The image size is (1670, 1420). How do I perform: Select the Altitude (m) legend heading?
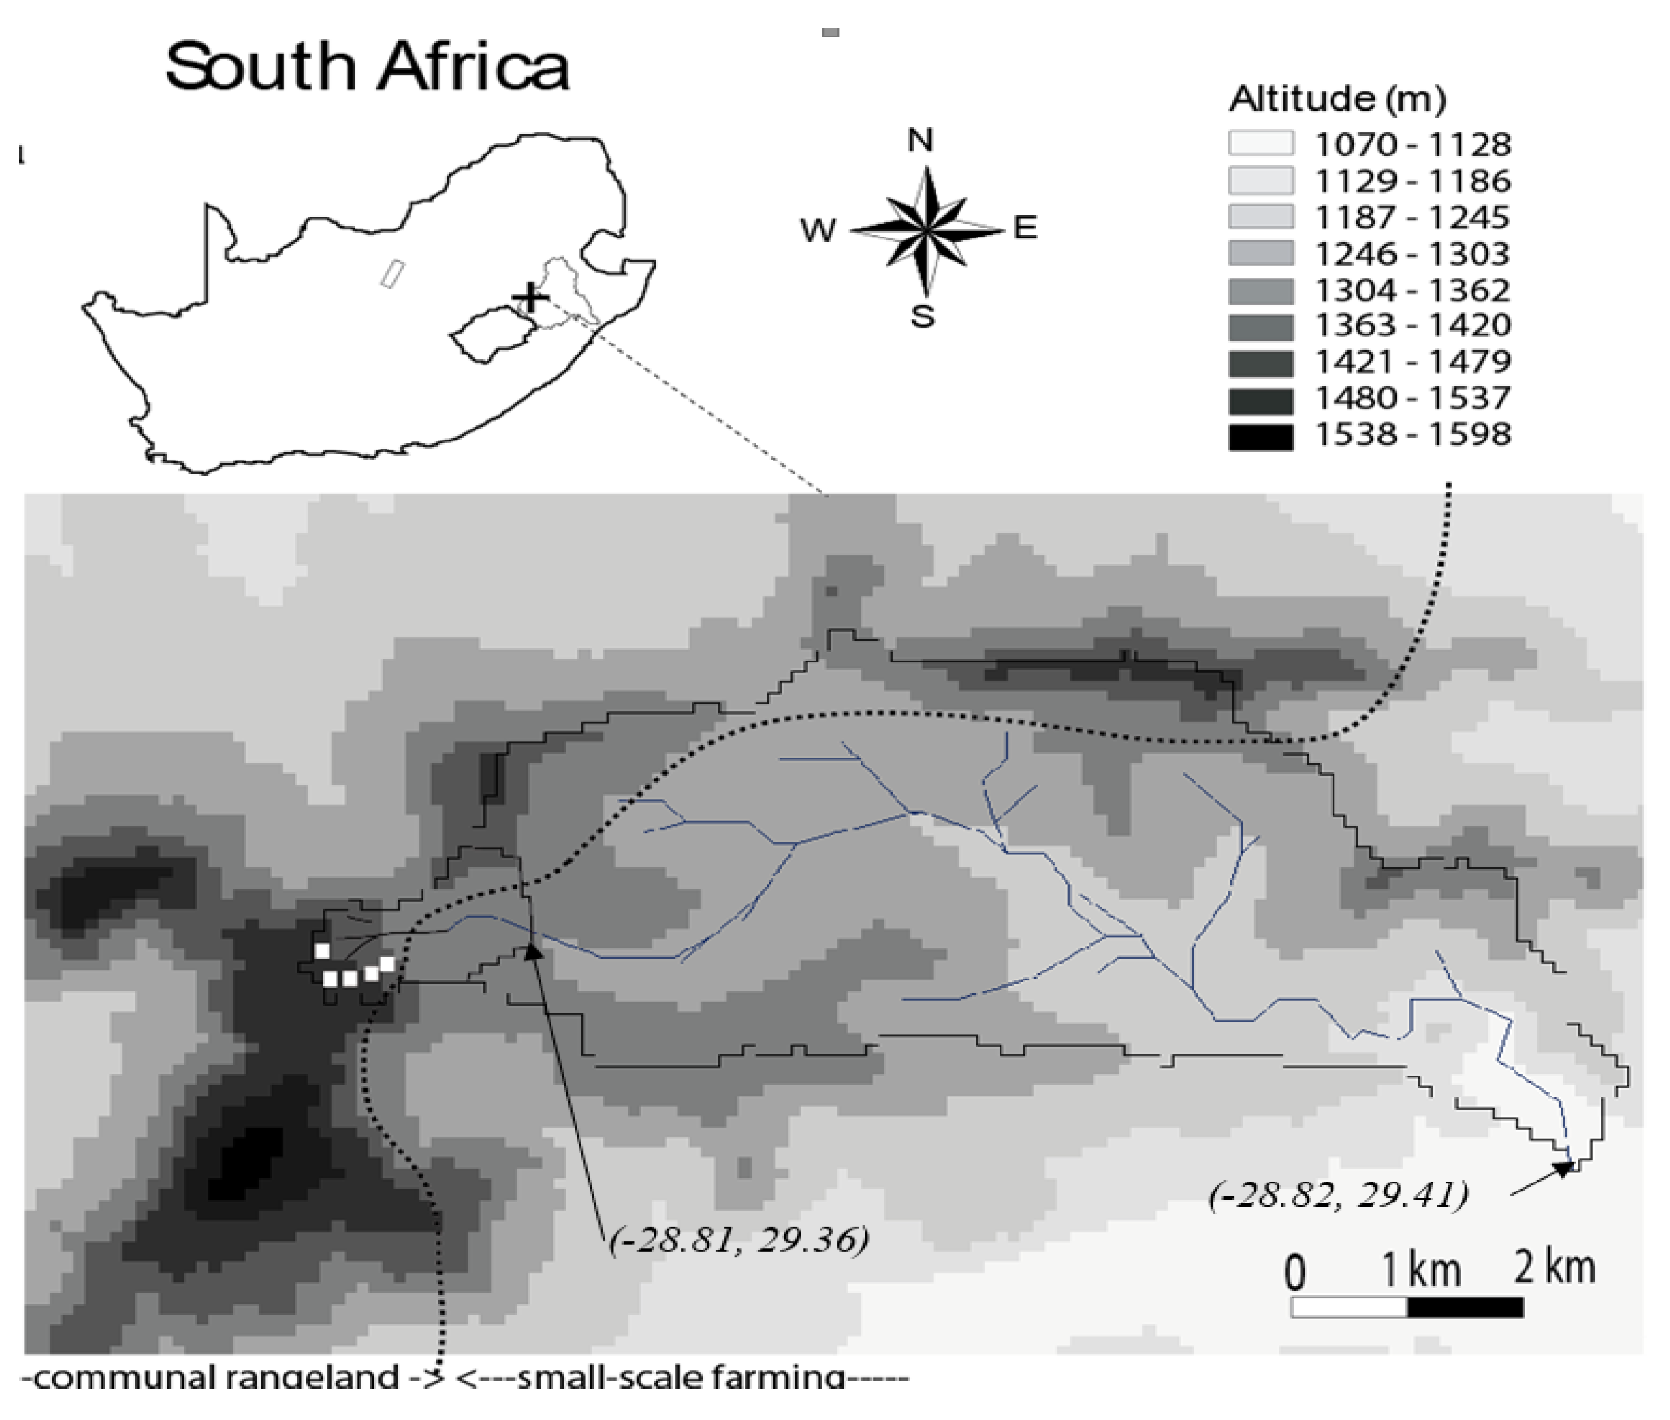[1336, 98]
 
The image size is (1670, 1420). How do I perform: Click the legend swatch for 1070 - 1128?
[1260, 143]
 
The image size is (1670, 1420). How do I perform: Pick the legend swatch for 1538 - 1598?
[1260, 436]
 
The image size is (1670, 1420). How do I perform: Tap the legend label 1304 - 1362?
[1412, 290]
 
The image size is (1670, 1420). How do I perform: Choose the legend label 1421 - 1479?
[1412, 361]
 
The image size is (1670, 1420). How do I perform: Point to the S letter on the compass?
[923, 317]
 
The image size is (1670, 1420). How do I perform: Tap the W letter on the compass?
[818, 231]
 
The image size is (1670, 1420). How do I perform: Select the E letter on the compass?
[1025, 229]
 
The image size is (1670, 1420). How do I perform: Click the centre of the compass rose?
[926, 231]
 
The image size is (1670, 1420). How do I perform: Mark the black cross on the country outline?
[530, 298]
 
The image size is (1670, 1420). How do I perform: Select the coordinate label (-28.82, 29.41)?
[1338, 1194]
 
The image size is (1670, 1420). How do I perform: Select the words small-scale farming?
[680, 1377]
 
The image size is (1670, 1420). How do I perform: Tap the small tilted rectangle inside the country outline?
[392, 273]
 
